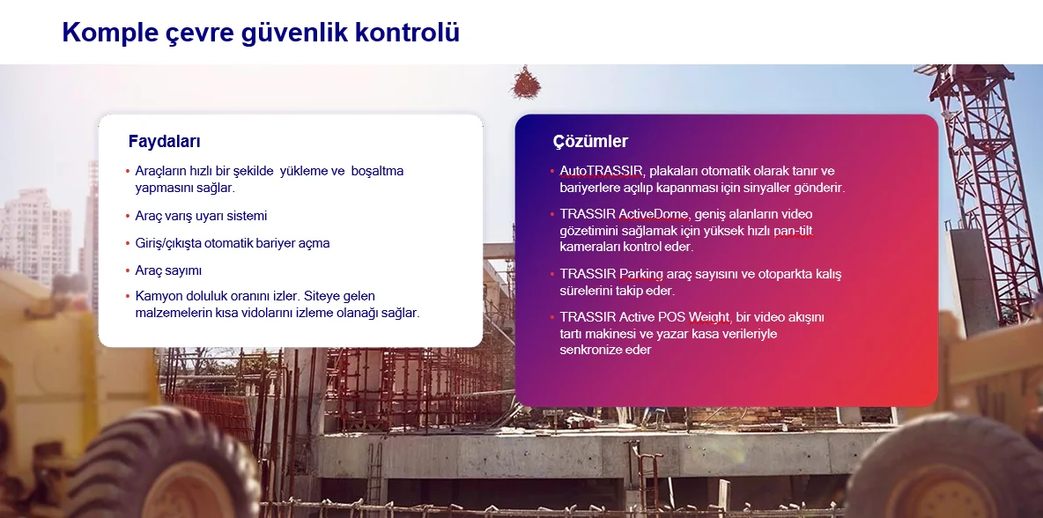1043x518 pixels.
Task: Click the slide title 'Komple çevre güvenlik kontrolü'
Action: (261, 33)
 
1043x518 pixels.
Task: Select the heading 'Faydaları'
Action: (165, 142)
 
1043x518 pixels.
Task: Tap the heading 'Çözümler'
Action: (590, 142)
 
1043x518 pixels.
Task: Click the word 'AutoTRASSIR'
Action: (602, 171)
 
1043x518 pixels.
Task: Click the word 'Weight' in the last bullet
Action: (710, 318)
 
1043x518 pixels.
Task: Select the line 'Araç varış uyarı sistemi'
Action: (201, 216)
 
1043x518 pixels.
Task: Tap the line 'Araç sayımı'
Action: (168, 270)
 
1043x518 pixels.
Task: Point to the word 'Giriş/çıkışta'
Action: (167, 243)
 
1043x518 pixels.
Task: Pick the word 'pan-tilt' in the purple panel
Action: (792, 231)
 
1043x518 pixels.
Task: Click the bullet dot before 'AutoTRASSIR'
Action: (552, 172)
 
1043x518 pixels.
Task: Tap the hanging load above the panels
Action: (526, 83)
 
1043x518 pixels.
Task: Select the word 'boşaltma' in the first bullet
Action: (377, 171)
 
